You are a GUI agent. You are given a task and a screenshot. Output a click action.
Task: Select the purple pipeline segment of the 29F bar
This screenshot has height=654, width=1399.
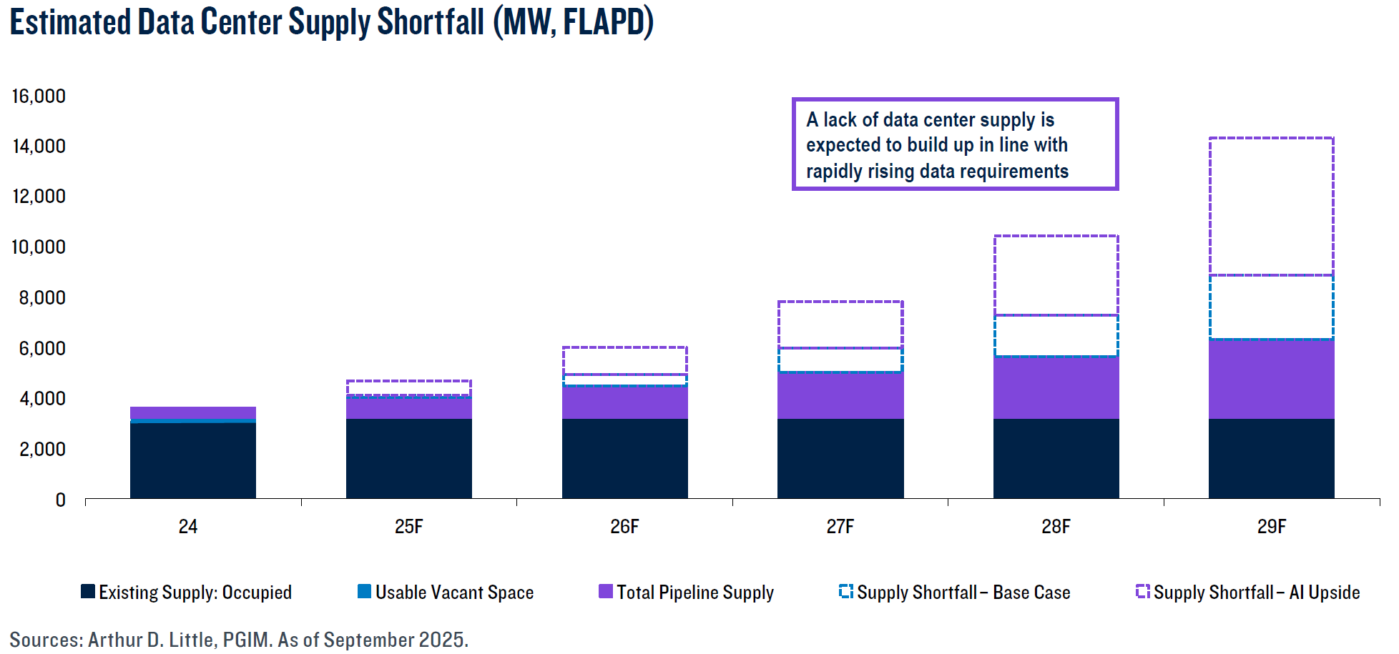[x=1271, y=379]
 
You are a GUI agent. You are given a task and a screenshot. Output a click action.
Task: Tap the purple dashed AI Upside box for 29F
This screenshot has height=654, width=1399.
[x=1271, y=206]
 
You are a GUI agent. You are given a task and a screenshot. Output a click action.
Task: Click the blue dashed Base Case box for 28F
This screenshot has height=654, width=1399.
[x=1056, y=335]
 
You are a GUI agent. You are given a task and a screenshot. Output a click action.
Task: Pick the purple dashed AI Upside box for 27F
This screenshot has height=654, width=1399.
[x=840, y=324]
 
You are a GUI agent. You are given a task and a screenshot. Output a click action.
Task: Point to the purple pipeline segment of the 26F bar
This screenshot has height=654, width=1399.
[x=624, y=402]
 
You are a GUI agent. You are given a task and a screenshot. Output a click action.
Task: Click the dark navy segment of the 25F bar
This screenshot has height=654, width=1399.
[x=408, y=458]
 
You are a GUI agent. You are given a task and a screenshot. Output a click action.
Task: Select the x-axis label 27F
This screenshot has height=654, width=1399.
[x=840, y=527]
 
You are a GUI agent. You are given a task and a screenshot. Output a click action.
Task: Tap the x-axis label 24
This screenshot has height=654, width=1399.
[x=187, y=527]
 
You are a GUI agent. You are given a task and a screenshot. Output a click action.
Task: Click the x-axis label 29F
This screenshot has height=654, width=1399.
[x=1271, y=527]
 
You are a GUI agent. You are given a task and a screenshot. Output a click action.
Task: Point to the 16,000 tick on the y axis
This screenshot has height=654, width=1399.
[x=39, y=96]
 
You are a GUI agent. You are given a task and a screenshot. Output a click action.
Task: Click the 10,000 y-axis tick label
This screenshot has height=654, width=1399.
[x=39, y=247]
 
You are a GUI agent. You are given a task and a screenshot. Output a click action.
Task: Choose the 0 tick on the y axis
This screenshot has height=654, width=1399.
[x=61, y=500]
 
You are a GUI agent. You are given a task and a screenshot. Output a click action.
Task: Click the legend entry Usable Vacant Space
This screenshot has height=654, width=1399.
[x=454, y=593]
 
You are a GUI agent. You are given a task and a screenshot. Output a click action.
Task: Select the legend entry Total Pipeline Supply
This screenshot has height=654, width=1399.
[x=694, y=593]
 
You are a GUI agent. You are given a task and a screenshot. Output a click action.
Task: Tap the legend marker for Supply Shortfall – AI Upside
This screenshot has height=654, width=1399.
[x=1142, y=591]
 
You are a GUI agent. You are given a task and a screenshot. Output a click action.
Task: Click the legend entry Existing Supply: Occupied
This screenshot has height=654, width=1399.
[x=195, y=593]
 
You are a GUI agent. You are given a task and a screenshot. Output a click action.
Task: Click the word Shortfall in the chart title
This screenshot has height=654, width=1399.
[x=430, y=21]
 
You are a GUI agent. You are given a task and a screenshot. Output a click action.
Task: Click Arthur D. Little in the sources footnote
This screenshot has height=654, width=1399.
[x=151, y=640]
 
